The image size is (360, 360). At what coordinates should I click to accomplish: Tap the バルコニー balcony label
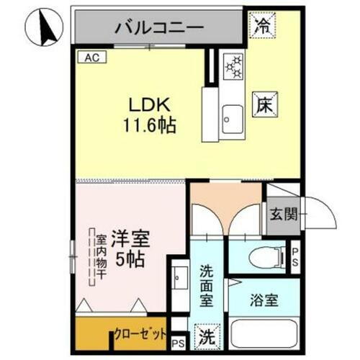tap(160, 28)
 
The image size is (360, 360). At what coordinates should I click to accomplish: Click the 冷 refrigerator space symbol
tap(262, 27)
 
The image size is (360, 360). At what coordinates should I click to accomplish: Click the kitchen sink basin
tap(233, 115)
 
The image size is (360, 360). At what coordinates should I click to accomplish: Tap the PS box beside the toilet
tap(295, 256)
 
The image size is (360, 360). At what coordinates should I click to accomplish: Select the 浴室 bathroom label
tap(265, 302)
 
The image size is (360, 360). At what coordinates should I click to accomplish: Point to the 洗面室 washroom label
tap(207, 285)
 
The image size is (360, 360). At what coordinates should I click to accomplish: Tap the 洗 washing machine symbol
tap(207, 336)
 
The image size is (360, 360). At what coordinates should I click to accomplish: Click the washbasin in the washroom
tap(179, 277)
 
